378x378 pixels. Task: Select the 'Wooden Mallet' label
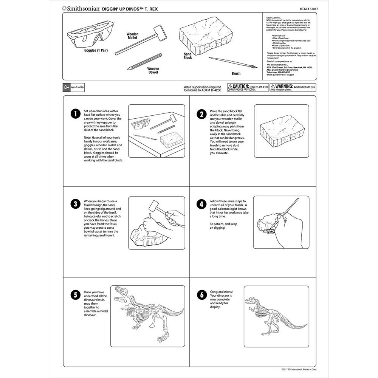pyautogui.click(x=132, y=36)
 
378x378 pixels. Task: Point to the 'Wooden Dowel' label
pyautogui.click(x=153, y=71)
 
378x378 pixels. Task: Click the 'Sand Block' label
pyautogui.click(x=187, y=56)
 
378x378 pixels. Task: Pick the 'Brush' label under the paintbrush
pyautogui.click(x=236, y=74)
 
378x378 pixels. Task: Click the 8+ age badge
pyautogui.click(x=67, y=87)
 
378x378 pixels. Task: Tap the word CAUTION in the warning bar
pyautogui.click(x=240, y=86)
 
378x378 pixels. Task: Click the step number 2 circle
pyautogui.click(x=201, y=114)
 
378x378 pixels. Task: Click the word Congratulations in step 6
pyautogui.click(x=222, y=292)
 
